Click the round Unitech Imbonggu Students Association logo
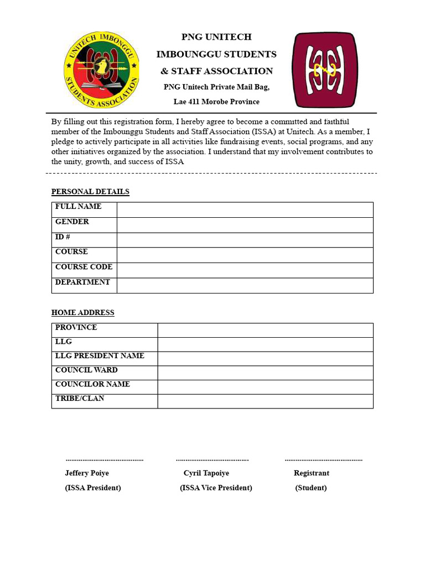[x=102, y=70]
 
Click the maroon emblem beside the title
[x=325, y=70]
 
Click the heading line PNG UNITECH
[x=216, y=37]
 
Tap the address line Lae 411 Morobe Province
[x=216, y=102]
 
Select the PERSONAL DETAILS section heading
[x=90, y=192]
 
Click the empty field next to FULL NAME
[x=245, y=210]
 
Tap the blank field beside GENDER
[x=245, y=225]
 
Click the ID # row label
[x=63, y=237]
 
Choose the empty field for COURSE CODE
[x=245, y=270]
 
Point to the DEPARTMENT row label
[x=82, y=282]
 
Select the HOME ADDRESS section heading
[x=83, y=313]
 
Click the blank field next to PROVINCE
[x=265, y=330]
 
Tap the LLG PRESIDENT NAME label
[x=100, y=356]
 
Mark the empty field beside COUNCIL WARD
[x=265, y=373]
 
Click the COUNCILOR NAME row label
[x=92, y=384]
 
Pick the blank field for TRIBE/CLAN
[x=265, y=401]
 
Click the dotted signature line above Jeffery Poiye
[x=104, y=460]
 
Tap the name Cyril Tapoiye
[x=206, y=473]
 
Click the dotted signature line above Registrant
[x=323, y=460]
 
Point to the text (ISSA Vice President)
[x=216, y=488]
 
